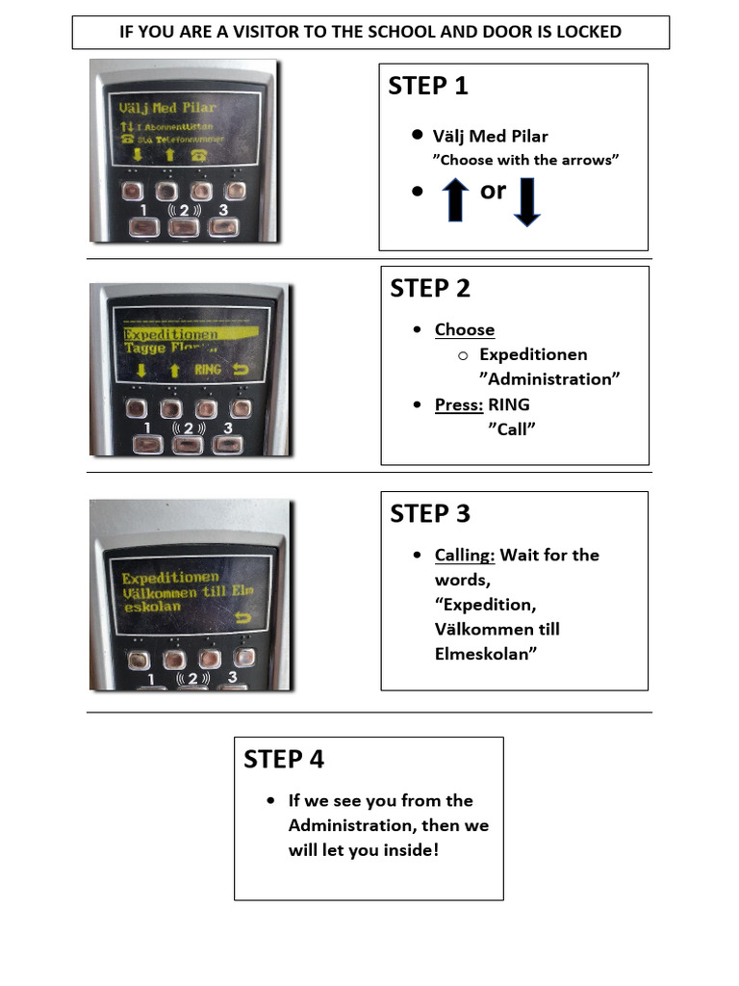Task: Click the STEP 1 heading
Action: tap(427, 86)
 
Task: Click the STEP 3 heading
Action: tap(430, 513)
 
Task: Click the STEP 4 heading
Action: tap(284, 759)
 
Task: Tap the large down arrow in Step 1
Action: tap(526, 204)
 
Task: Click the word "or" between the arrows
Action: tap(493, 191)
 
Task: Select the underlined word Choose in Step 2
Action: tap(464, 329)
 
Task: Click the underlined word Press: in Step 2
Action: tap(459, 404)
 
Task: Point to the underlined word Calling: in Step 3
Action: tap(465, 555)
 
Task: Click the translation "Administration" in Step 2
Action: tap(548, 379)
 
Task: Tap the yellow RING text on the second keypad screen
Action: tap(208, 370)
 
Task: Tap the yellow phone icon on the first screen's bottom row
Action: tap(200, 155)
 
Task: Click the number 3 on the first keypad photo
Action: tap(223, 210)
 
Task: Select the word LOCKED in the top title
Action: tap(588, 32)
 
